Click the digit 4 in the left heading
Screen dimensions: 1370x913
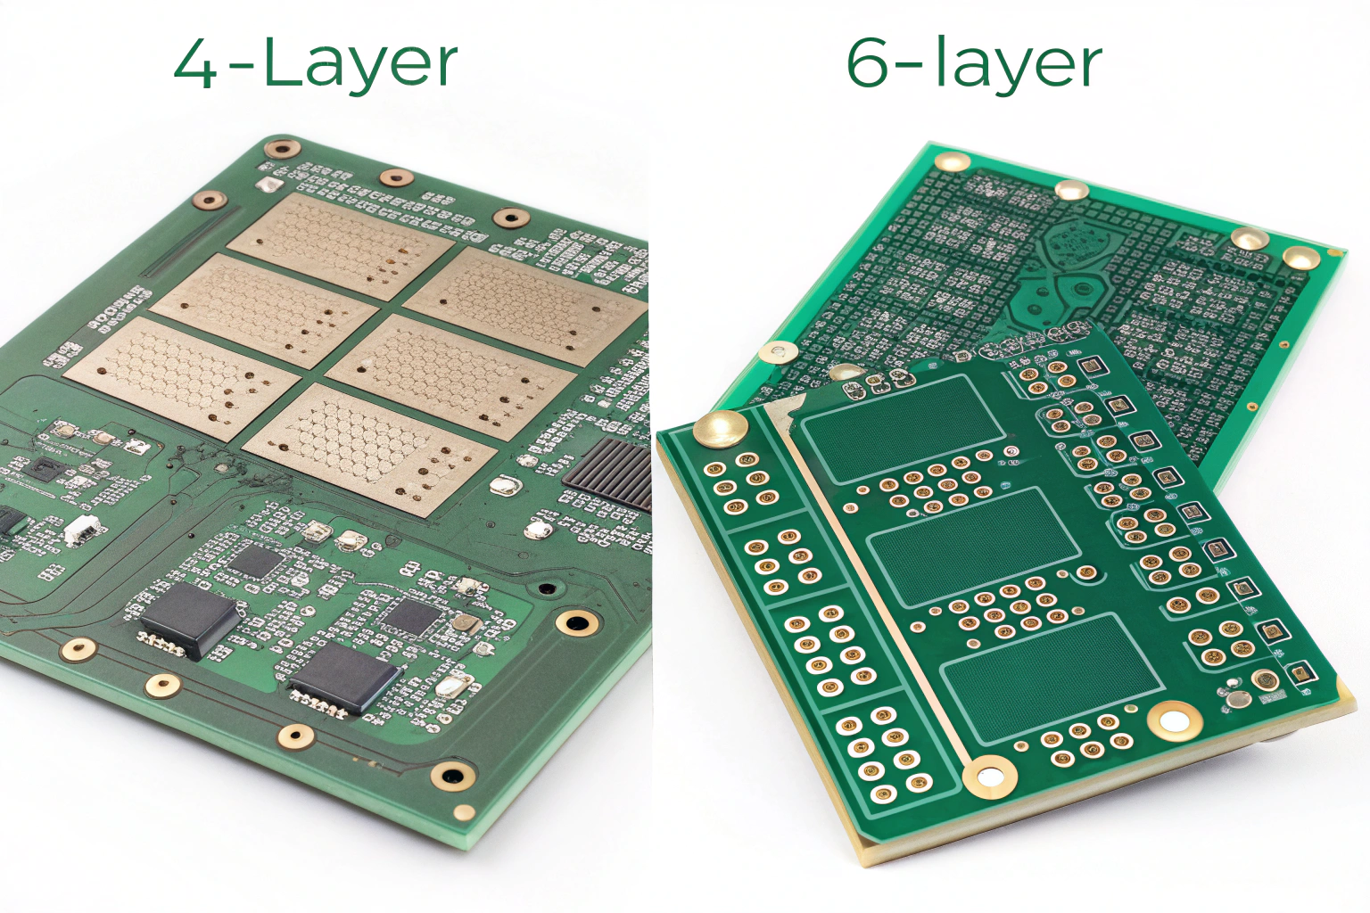click(x=195, y=64)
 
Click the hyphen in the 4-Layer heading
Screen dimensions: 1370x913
click(x=243, y=68)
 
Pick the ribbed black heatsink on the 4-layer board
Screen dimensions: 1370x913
click(x=608, y=474)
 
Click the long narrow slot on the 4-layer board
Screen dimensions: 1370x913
click(x=190, y=243)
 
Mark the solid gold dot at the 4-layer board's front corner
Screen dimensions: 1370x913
click(x=464, y=813)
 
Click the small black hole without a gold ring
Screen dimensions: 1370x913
click(x=546, y=588)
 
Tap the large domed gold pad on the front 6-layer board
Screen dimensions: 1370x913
click(x=719, y=427)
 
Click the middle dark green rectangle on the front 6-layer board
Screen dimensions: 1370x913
click(x=974, y=547)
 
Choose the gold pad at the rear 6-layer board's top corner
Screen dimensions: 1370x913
click(x=953, y=161)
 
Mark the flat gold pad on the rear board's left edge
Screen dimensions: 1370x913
click(x=778, y=352)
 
